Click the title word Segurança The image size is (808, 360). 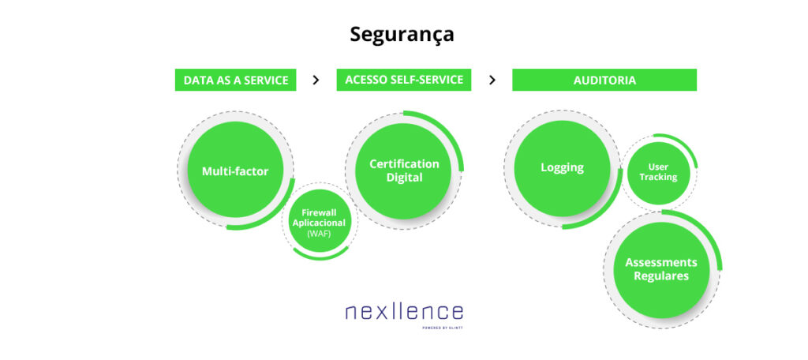coord(402,35)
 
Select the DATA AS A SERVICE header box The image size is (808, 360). coord(235,80)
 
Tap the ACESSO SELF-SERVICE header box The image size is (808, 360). coord(404,80)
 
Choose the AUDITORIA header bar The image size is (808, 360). coord(604,80)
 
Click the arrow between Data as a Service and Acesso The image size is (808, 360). coord(316,80)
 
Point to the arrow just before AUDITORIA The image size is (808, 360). coord(492,80)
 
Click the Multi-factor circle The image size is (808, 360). coord(235,171)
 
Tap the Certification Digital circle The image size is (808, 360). coord(404,171)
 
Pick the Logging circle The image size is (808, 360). coord(562,167)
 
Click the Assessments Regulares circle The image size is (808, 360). coord(661,269)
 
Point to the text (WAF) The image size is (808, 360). coord(320,234)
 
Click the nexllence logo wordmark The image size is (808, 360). coord(404,311)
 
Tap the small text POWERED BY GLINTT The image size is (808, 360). coord(443,327)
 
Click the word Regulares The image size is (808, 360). coord(661,276)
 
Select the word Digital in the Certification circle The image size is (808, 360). coord(404,178)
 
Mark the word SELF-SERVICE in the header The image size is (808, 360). coord(426,80)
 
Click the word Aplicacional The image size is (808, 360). coord(320,223)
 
